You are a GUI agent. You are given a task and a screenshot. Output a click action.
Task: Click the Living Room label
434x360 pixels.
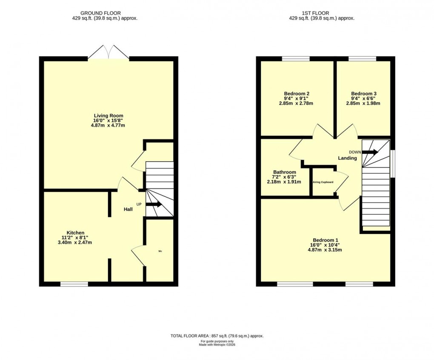[108, 116]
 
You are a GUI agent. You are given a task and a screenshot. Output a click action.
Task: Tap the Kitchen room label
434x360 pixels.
[75, 233]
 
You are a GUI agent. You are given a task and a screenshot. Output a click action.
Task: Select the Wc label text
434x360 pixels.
[160, 251]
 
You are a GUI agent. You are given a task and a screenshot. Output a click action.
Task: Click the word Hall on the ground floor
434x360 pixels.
[128, 209]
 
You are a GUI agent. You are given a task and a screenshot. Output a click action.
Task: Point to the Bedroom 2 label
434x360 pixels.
[296, 94]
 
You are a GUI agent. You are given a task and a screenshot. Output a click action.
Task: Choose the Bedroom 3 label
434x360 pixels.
[363, 94]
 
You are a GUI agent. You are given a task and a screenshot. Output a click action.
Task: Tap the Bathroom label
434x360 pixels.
[285, 172]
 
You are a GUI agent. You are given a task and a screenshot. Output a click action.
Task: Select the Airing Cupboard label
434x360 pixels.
[323, 182]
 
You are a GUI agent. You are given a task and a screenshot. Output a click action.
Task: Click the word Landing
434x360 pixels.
[347, 158]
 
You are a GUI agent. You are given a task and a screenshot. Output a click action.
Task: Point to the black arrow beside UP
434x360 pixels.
[154, 204]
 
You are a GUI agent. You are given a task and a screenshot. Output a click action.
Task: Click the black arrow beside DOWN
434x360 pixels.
[370, 152]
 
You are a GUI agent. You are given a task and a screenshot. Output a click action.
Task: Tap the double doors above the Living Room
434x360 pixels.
[108, 53]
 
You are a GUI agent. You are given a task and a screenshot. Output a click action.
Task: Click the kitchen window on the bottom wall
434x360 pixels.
[74, 284]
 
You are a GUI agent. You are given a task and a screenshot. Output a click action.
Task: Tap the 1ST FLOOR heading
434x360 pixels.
[321, 13]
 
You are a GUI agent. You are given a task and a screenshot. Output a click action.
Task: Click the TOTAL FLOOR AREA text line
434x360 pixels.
[217, 336]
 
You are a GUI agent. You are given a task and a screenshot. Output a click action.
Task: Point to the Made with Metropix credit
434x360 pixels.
[217, 345]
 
